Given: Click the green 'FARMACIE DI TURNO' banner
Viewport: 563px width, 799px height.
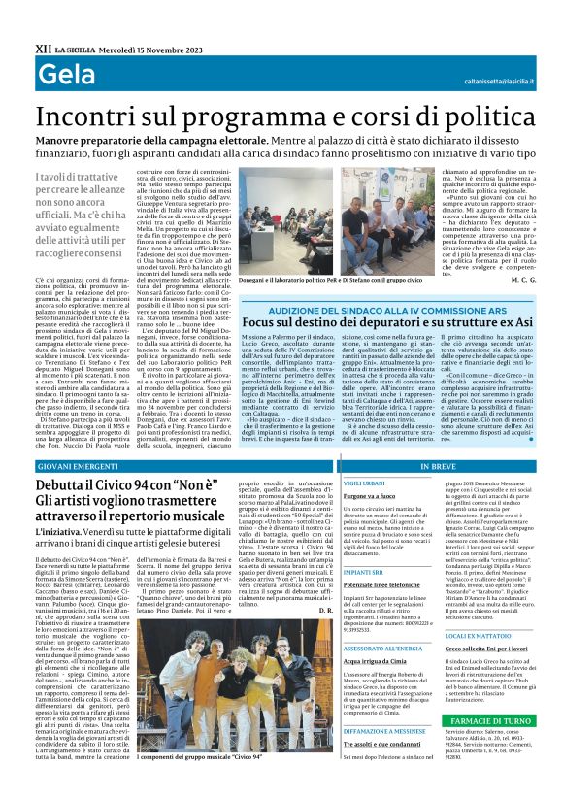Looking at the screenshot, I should point(499,721).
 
